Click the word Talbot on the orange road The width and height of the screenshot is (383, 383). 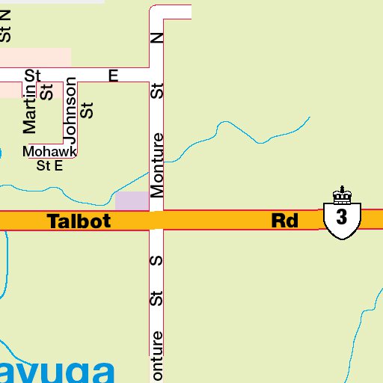click(x=79, y=221)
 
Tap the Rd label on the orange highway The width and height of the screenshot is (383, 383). click(x=284, y=221)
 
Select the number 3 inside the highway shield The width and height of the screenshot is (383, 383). click(x=342, y=218)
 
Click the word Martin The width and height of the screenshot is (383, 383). click(x=30, y=109)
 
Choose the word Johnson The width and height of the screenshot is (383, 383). click(x=71, y=110)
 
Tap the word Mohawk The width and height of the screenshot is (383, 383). click(x=49, y=152)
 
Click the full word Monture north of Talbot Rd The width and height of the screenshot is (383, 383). click(x=157, y=165)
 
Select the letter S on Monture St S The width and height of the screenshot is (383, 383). click(x=157, y=261)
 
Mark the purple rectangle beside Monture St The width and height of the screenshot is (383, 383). click(x=132, y=200)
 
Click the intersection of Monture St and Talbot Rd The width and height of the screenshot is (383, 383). click(x=156, y=221)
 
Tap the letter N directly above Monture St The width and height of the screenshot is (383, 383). click(x=157, y=37)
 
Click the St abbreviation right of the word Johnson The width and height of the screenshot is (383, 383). click(x=88, y=110)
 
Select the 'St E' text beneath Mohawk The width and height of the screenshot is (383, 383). click(x=49, y=166)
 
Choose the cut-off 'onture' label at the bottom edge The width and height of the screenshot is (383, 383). click(x=157, y=357)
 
